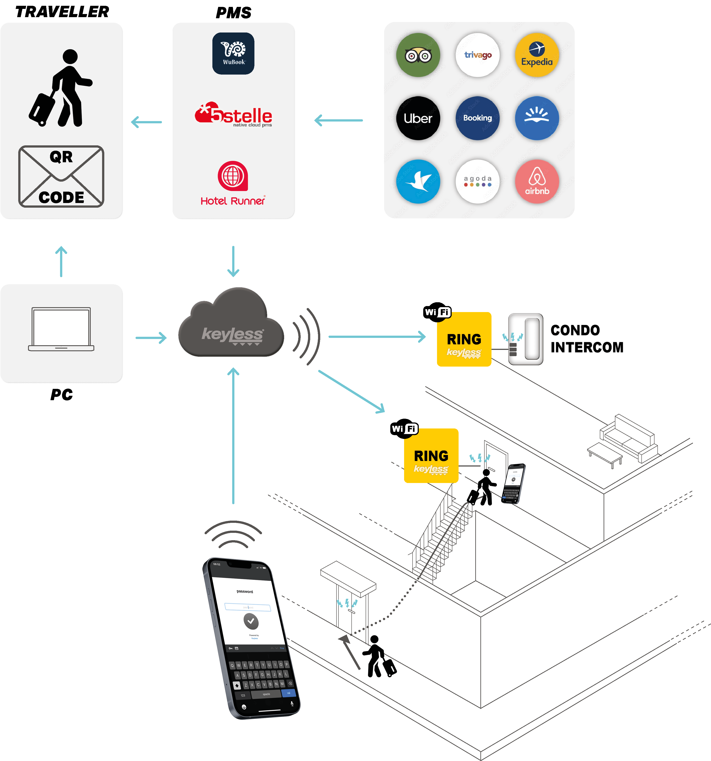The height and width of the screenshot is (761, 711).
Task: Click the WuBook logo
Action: pos(233,54)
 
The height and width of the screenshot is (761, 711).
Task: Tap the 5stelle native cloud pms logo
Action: pos(233,114)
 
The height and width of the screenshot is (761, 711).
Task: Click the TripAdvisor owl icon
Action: pos(418,55)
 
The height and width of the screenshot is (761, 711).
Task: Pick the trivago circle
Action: pos(478,55)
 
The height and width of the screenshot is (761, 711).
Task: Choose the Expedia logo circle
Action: pos(537,55)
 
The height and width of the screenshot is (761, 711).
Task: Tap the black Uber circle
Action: pos(418,118)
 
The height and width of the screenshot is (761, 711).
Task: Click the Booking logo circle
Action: pos(478,118)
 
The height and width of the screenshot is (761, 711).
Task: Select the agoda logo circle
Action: pos(478,181)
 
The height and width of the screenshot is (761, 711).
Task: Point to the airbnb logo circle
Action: pos(537,181)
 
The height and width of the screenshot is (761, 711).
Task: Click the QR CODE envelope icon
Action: pos(61,177)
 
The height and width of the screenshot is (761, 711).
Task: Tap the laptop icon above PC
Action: pos(61,329)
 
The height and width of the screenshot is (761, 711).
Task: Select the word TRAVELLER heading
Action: pos(62,12)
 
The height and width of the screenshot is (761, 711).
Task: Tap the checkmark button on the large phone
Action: pos(251,621)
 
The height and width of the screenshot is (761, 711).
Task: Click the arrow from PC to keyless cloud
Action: pos(151,338)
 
